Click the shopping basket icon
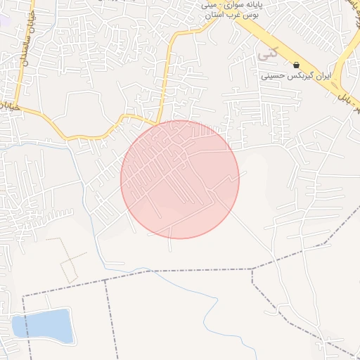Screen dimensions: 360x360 pos(296,65)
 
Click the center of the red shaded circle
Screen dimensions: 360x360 pos(180,179)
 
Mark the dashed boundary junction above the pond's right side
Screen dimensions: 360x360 pos(106,279)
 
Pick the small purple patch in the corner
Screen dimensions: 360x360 pos(4,17)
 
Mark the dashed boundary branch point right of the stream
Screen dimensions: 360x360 pos(252,269)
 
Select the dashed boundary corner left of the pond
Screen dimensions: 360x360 pos(23,297)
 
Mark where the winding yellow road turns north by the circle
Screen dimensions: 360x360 pos(160,120)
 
